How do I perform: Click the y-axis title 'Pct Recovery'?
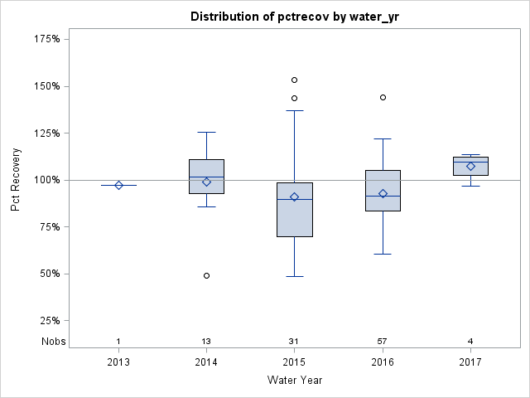(x=17, y=180)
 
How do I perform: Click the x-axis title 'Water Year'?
(x=295, y=381)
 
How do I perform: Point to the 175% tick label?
(x=46, y=39)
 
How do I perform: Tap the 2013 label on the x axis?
(x=118, y=362)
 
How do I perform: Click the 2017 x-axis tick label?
(x=470, y=362)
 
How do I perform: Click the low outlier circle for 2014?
(x=206, y=275)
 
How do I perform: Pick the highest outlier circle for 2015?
(x=294, y=80)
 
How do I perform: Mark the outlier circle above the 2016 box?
(x=383, y=97)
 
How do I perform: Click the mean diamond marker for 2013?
(x=118, y=185)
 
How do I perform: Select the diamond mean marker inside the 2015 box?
(x=294, y=197)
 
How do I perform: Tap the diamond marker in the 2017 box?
(x=470, y=166)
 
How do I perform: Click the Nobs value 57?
(x=383, y=342)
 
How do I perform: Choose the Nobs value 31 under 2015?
(x=294, y=342)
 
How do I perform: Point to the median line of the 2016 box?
(x=383, y=196)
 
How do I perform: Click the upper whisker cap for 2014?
(x=206, y=132)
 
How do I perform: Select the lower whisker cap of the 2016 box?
(x=383, y=254)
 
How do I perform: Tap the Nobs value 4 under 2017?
(x=470, y=342)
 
